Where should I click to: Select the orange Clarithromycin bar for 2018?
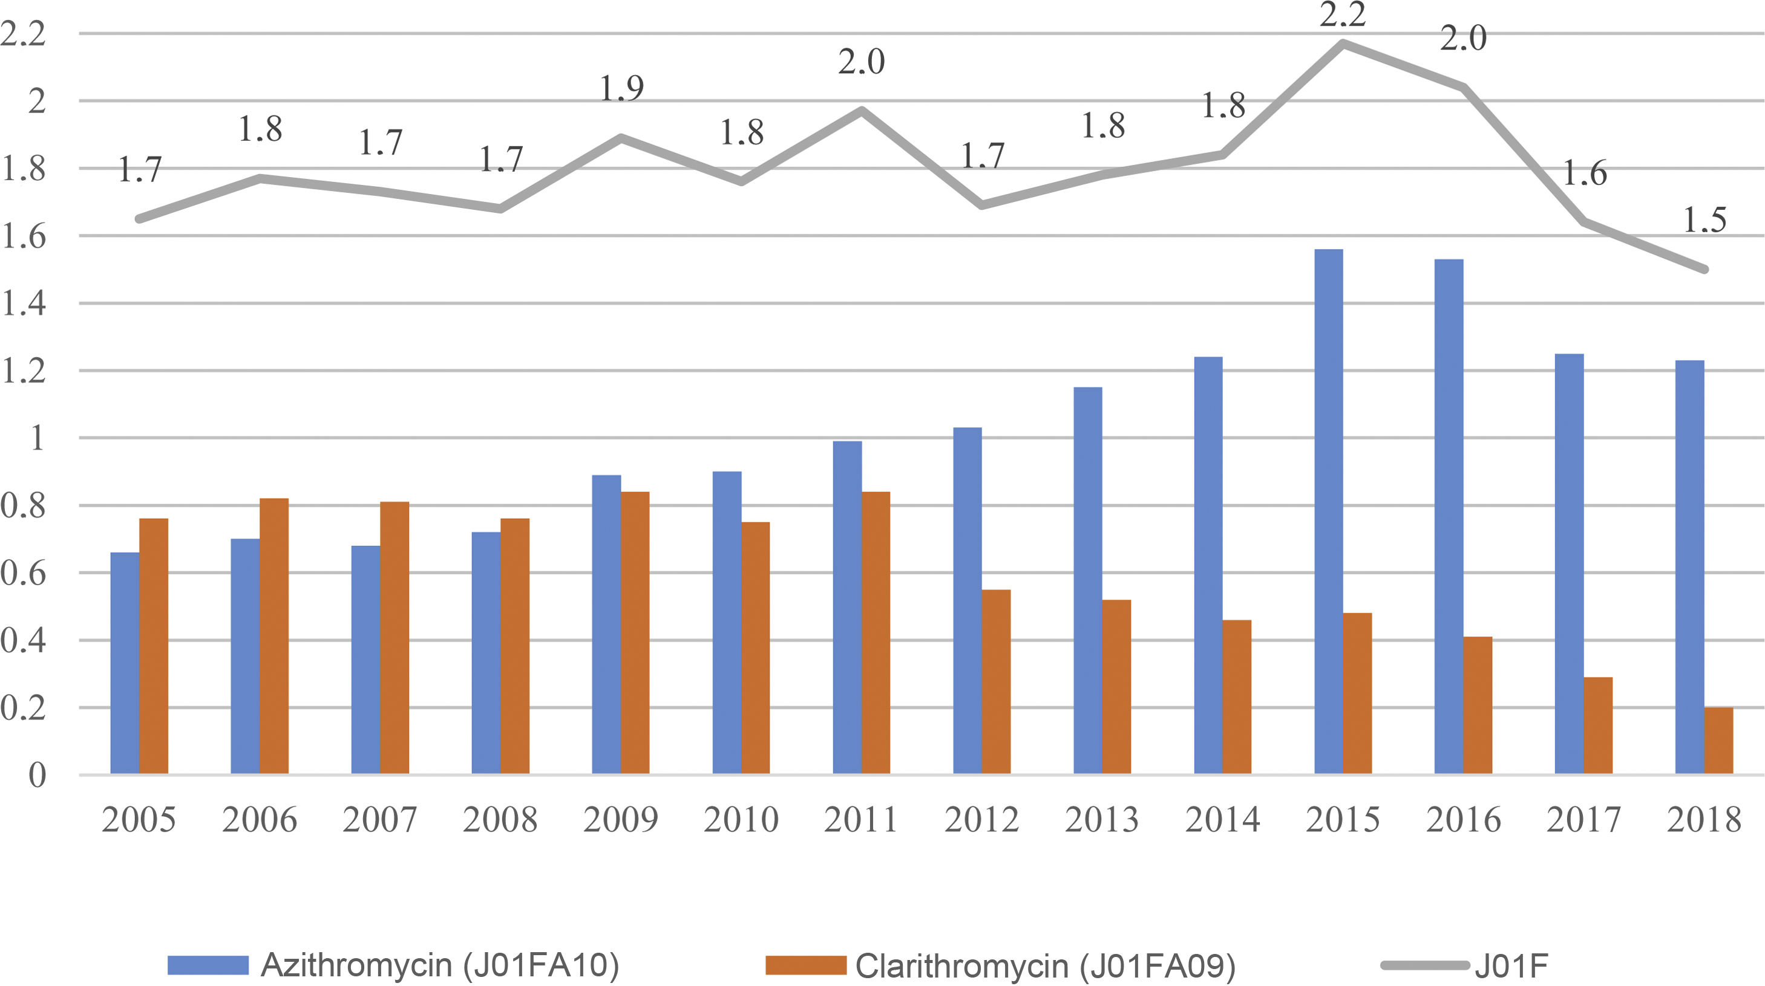click(x=1718, y=741)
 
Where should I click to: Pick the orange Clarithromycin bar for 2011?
click(x=876, y=633)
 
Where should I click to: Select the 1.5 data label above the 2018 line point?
click(x=1704, y=221)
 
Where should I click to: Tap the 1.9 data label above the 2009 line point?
click(x=621, y=88)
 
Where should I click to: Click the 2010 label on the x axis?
click(x=741, y=820)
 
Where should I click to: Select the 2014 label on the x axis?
click(x=1223, y=820)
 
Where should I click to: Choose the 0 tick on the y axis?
click(x=37, y=775)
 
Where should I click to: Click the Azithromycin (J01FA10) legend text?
click(x=440, y=965)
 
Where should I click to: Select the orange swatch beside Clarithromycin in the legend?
click(x=806, y=965)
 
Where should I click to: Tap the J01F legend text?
click(x=1511, y=965)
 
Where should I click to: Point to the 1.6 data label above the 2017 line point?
click(x=1584, y=174)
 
